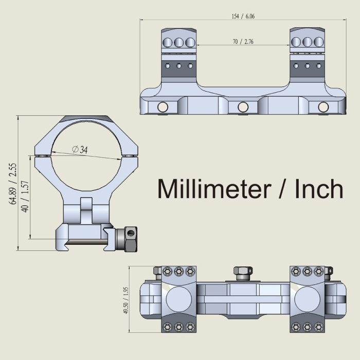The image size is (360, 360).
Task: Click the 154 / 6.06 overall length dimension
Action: [x=243, y=16]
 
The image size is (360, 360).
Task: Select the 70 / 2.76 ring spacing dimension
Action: [x=243, y=42]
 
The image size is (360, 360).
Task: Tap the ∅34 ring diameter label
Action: [x=81, y=149]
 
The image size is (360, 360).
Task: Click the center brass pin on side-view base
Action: [x=243, y=106]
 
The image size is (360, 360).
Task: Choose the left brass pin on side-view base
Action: [x=163, y=106]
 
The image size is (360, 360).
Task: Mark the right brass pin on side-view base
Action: [x=323, y=106]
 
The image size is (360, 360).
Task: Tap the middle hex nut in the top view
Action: [x=242, y=271]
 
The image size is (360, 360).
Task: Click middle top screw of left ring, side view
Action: [x=179, y=42]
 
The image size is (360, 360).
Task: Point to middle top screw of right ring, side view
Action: [x=307, y=42]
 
